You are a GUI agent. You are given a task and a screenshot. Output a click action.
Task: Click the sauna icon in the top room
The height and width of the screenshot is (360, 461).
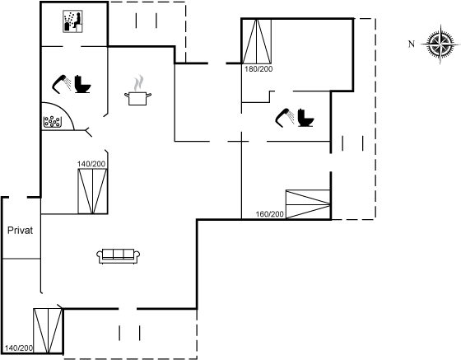click(72, 21)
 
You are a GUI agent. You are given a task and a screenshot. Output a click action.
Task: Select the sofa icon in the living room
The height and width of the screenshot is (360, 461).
click(119, 256)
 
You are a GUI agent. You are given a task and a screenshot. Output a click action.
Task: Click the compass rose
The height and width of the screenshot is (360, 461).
click(440, 44)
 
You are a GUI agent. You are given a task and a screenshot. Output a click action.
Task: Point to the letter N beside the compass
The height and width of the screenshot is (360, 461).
click(412, 44)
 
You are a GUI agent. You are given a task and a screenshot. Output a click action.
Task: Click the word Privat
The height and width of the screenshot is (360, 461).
click(20, 231)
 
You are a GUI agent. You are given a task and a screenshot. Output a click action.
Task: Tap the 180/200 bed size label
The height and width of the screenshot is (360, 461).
click(258, 69)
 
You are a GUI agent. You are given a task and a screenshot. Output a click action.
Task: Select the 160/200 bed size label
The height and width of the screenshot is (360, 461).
click(270, 214)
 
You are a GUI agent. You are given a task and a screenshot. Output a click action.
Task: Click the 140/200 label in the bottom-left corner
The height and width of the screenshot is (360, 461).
click(19, 348)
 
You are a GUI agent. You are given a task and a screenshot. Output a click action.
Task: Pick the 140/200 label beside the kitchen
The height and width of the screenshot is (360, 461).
click(91, 164)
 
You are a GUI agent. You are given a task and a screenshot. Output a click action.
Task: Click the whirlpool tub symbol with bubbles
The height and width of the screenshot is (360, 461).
click(53, 122)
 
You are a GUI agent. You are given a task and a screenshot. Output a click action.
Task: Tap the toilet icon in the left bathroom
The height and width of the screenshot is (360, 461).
click(82, 84)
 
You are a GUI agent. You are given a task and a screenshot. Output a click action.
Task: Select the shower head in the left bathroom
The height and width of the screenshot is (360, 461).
click(62, 84)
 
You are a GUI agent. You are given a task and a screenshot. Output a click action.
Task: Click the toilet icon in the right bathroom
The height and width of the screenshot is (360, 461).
click(305, 118)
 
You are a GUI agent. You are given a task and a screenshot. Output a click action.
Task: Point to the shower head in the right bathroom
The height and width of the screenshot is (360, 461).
click(285, 118)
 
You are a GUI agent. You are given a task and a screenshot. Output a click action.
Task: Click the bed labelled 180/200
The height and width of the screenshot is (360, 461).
click(256, 41)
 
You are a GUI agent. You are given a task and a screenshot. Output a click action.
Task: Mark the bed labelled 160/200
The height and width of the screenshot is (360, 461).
click(308, 204)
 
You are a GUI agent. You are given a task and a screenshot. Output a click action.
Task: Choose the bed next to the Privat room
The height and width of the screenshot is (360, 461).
click(48, 331)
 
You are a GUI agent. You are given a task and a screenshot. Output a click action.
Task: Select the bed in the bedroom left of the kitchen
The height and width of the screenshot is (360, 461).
click(92, 191)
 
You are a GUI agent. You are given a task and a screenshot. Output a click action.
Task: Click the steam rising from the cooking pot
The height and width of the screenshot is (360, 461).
click(139, 83)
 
